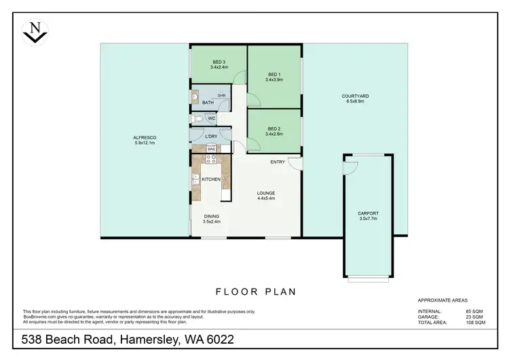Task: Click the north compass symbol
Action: click(x=35, y=32)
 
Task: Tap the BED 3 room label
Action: click(x=219, y=62)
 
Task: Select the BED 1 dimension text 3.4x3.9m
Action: click(x=274, y=79)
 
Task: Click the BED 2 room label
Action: click(x=274, y=128)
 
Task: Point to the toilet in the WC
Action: click(x=197, y=119)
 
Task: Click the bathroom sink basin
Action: click(x=195, y=97)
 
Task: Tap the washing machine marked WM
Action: click(x=211, y=149)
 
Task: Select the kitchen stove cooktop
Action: click(x=211, y=159)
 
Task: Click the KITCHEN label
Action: click(x=211, y=179)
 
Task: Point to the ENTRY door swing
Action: click(x=295, y=164)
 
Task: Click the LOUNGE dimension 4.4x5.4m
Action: click(x=266, y=198)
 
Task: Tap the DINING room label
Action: click(x=211, y=217)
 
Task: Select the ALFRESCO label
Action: click(x=145, y=137)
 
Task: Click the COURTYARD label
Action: click(x=355, y=96)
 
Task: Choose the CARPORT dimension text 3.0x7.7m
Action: click(x=368, y=219)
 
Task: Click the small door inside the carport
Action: click(x=351, y=168)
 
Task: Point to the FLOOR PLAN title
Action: click(x=256, y=292)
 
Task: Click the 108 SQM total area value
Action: click(x=476, y=323)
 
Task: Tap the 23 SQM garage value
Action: click(x=474, y=317)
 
